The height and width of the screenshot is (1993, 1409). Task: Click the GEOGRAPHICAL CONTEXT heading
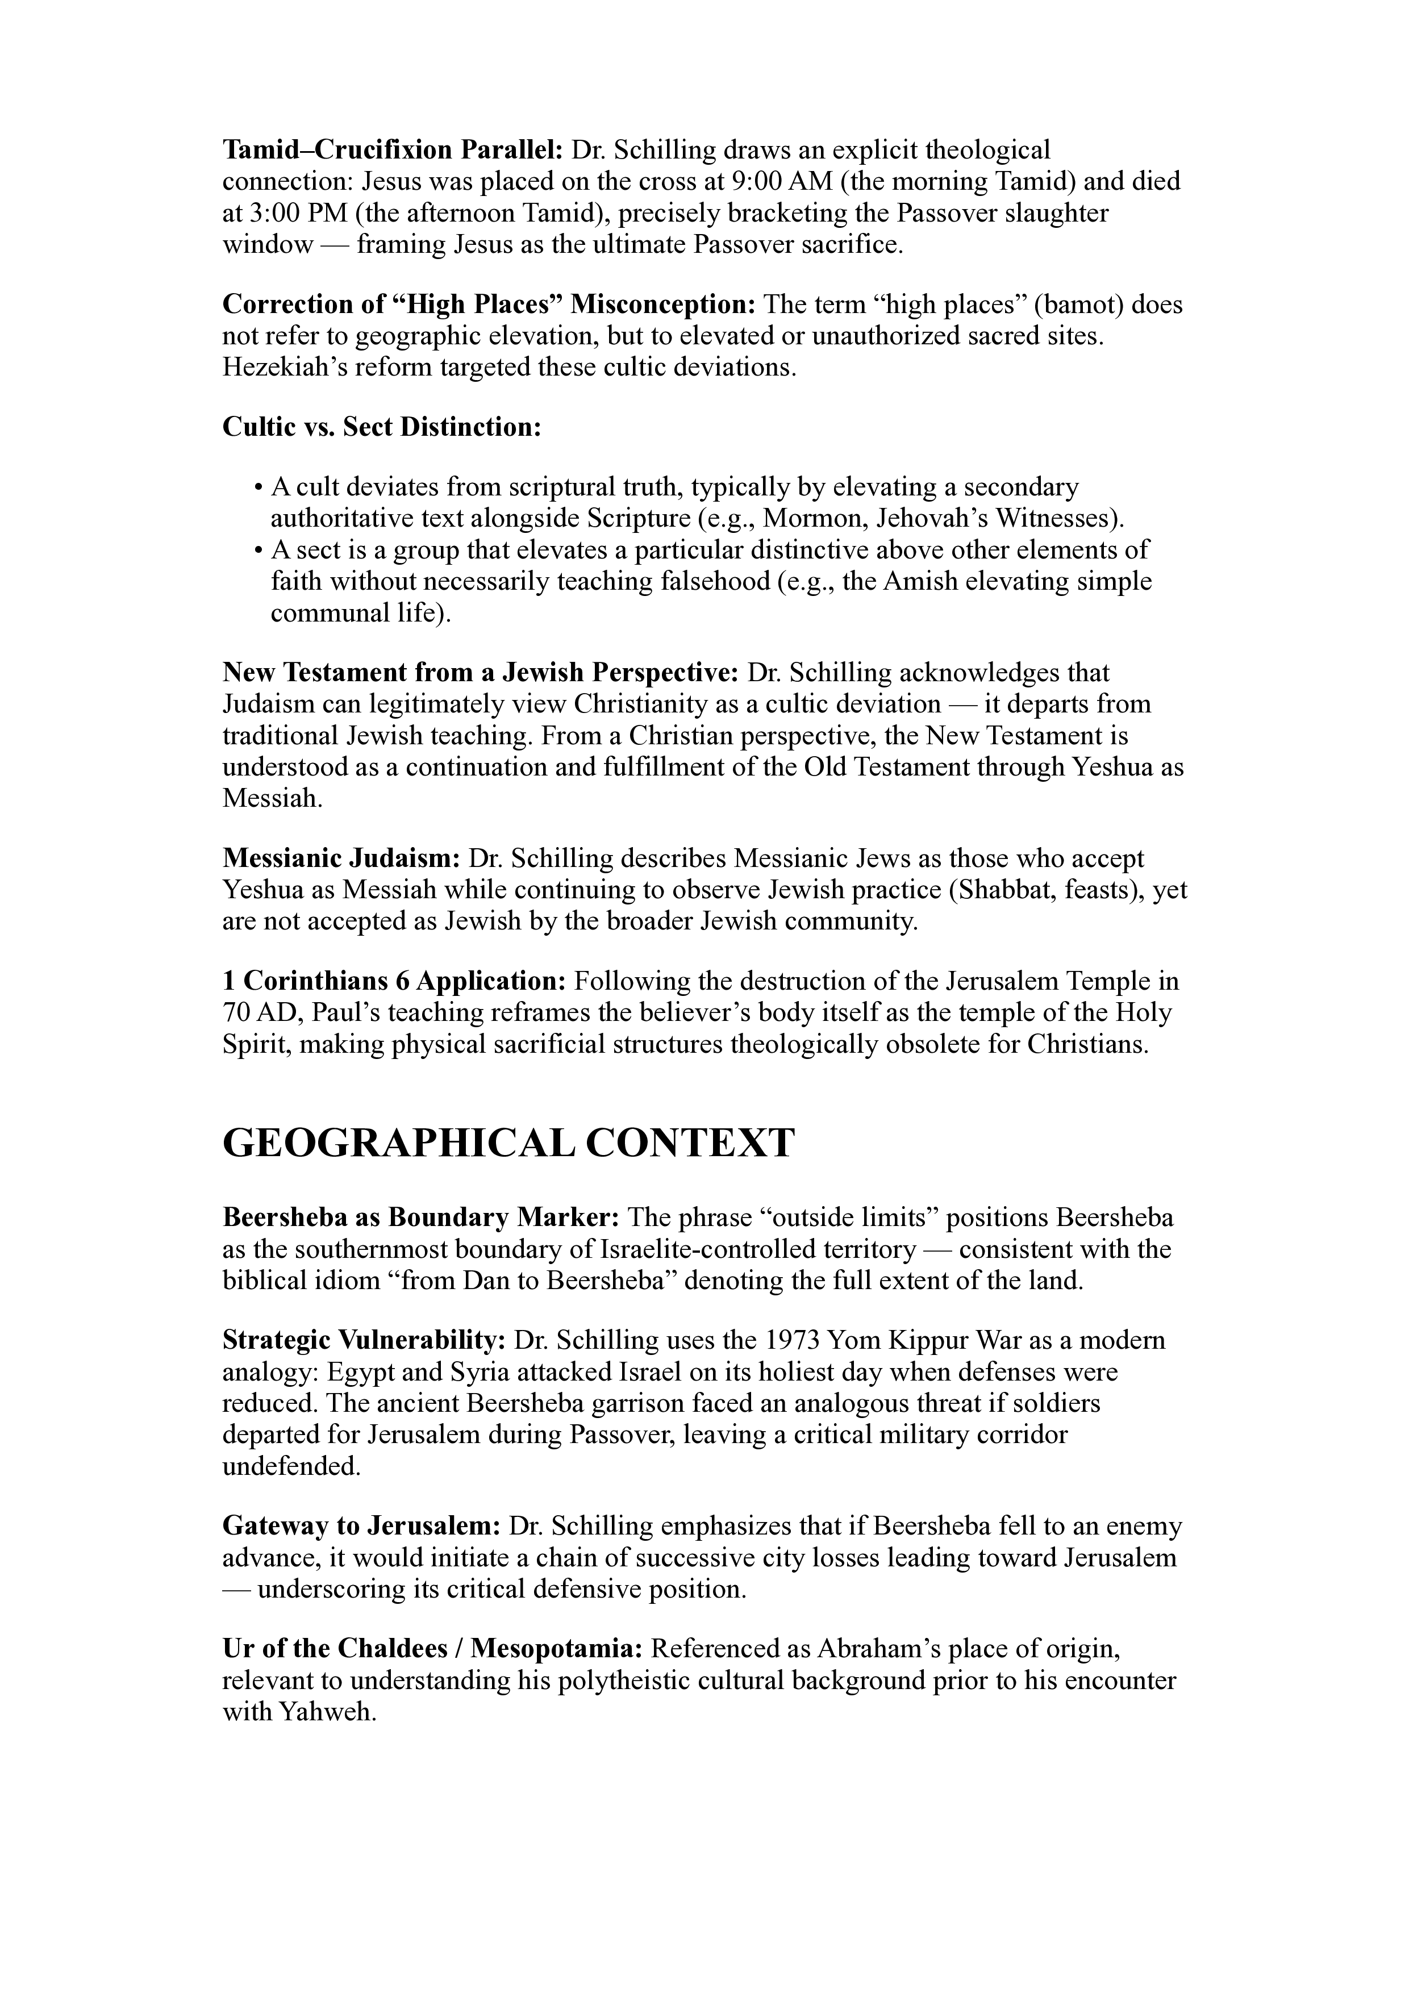[x=508, y=1143]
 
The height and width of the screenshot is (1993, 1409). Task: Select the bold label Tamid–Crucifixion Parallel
[x=393, y=150]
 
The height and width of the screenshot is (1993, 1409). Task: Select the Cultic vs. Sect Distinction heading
[x=382, y=427]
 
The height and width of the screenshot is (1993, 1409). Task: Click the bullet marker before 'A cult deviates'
[x=258, y=488]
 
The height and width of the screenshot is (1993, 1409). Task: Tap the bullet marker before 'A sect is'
[x=258, y=551]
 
